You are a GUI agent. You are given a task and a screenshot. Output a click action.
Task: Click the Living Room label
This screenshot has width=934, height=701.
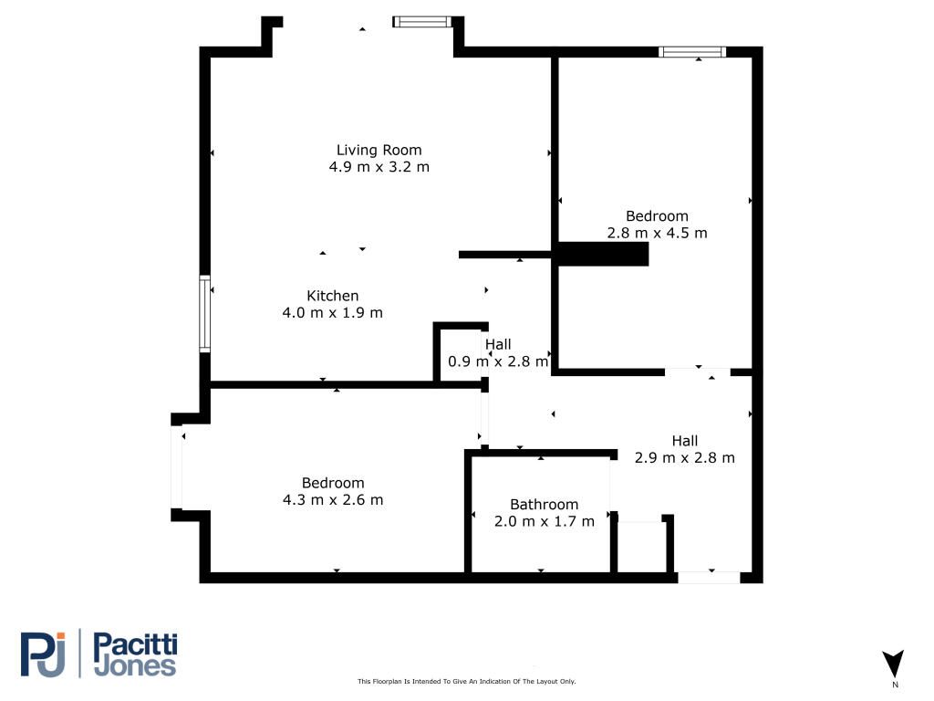pos(379,151)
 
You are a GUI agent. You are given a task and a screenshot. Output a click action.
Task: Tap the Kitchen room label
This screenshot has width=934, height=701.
pos(332,296)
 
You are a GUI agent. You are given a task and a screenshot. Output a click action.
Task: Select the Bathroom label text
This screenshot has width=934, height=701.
pos(544,504)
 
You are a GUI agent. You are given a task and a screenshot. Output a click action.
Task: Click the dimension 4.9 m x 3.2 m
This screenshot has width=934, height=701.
pos(379,167)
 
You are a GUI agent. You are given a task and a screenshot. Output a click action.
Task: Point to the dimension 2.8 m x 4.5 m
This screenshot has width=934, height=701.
pos(657,233)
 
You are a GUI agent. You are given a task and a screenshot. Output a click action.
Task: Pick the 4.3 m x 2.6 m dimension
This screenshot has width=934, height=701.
pos(332,499)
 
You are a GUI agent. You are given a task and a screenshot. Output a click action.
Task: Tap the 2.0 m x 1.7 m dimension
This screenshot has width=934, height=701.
pos(544,521)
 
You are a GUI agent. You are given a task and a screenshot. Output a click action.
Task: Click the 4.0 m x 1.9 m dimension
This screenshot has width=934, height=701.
pos(332,312)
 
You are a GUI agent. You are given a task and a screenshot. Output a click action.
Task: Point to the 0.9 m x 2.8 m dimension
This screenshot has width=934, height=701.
pos(498,361)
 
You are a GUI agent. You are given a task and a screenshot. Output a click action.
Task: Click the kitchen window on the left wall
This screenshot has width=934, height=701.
pos(205,314)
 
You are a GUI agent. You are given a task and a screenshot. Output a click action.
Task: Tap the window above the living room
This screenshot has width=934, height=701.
pos(422,22)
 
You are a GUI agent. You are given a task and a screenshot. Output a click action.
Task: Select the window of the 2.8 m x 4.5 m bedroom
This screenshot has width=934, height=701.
pos(692,52)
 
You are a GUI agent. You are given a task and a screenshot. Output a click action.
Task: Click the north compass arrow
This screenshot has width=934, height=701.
pos(893,664)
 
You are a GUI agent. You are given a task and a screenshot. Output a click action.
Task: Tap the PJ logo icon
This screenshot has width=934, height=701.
pos(43,654)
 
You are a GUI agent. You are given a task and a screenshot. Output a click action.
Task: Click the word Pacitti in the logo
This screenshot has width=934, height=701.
pos(136,645)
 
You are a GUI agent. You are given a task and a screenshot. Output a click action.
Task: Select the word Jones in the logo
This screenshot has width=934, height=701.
pos(136,666)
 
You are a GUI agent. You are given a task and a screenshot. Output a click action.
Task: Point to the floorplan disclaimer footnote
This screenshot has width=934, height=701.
pos(466,681)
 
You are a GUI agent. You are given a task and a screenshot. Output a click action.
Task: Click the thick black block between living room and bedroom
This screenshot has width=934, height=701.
pos(603,254)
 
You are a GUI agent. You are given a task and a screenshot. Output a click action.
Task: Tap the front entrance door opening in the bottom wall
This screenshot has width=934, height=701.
pos(709,578)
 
